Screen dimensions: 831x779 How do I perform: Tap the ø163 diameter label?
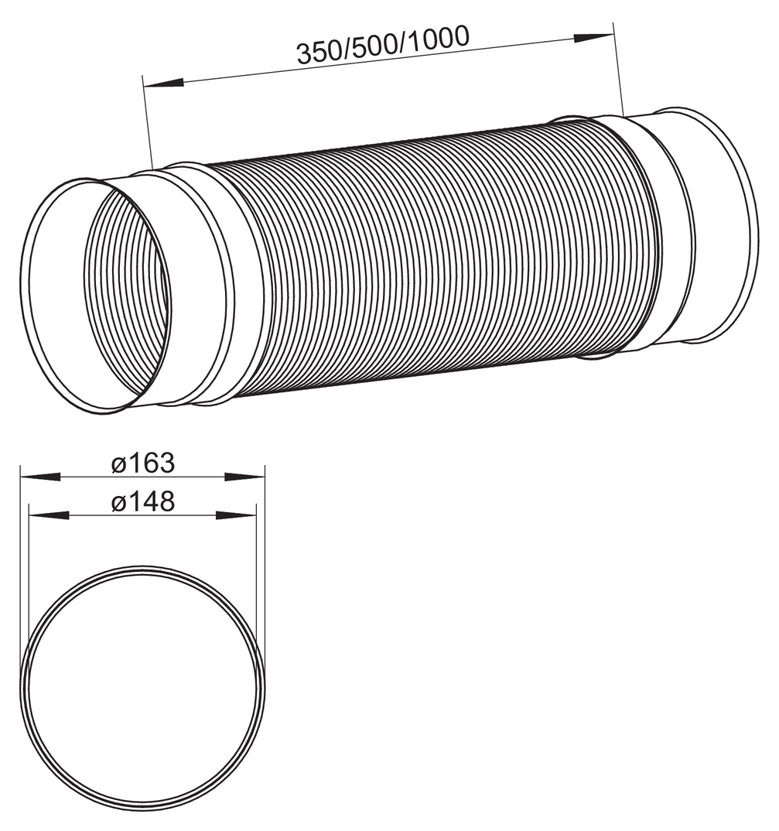[142, 464]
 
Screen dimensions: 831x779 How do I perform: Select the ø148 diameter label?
[142, 502]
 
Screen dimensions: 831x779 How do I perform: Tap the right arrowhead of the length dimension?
[593, 36]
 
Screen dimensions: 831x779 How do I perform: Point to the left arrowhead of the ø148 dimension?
[48, 515]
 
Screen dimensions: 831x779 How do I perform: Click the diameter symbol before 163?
[118, 465]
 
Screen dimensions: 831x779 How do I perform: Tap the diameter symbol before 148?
[118, 503]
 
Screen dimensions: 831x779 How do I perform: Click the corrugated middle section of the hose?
[433, 255]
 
